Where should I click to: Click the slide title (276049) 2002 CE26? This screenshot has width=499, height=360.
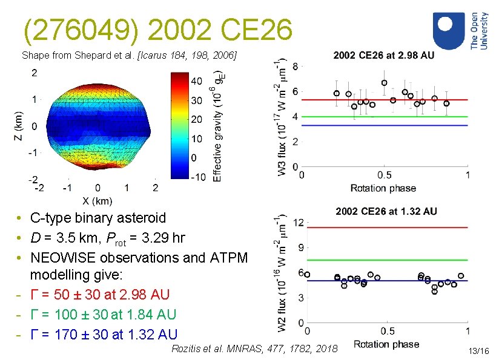[158, 29]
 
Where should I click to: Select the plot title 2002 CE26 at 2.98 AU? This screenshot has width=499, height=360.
[384, 55]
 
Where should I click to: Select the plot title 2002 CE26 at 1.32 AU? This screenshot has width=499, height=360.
[386, 211]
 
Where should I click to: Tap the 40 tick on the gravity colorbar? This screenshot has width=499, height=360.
[197, 80]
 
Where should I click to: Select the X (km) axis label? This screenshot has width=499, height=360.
[97, 201]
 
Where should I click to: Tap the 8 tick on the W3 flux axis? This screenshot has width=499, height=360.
[295, 65]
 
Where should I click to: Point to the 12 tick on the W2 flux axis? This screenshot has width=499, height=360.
[297, 223]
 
